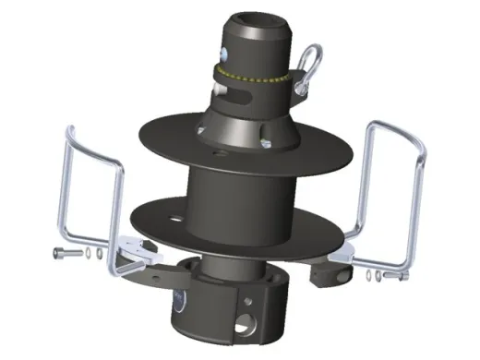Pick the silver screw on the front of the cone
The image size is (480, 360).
click(x=266, y=141)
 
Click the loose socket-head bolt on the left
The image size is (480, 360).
click(x=62, y=251)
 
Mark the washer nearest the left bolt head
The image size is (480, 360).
click(x=78, y=251)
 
